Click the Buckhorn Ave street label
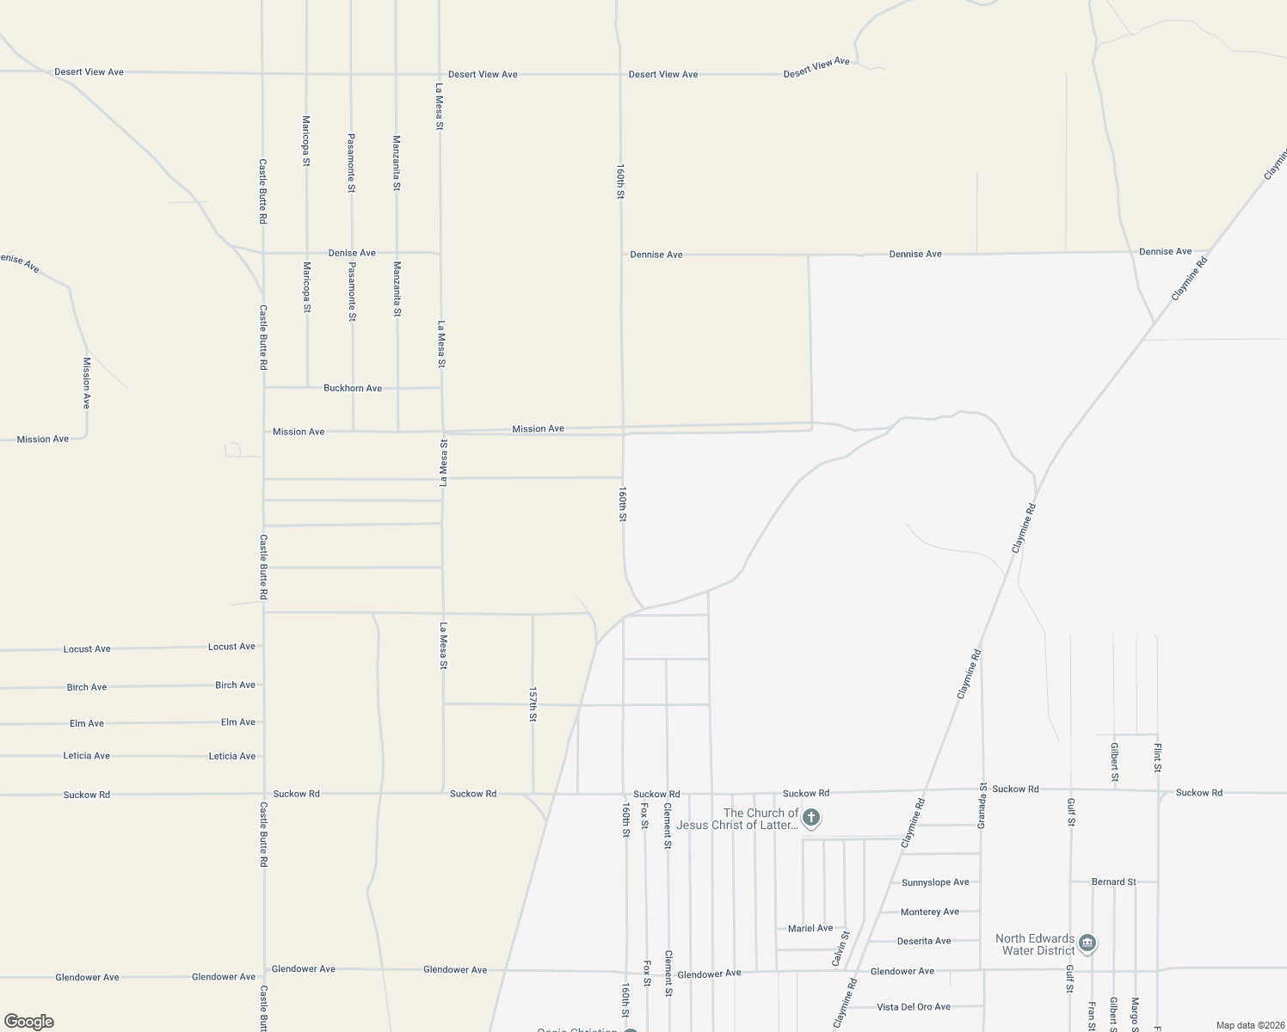click(353, 389)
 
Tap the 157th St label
click(533, 703)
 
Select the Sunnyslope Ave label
click(935, 882)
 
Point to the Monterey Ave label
click(929, 912)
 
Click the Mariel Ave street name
click(810, 929)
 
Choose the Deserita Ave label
click(924, 941)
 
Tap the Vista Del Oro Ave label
click(913, 1007)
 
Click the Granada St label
click(982, 806)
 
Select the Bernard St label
click(1113, 882)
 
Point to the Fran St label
click(1092, 1015)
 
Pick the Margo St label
click(1136, 1013)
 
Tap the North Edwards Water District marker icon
click(1087, 944)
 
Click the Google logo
click(28, 1022)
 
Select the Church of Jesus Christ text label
click(737, 820)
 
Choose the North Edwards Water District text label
click(1035, 944)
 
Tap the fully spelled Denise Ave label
click(352, 253)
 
